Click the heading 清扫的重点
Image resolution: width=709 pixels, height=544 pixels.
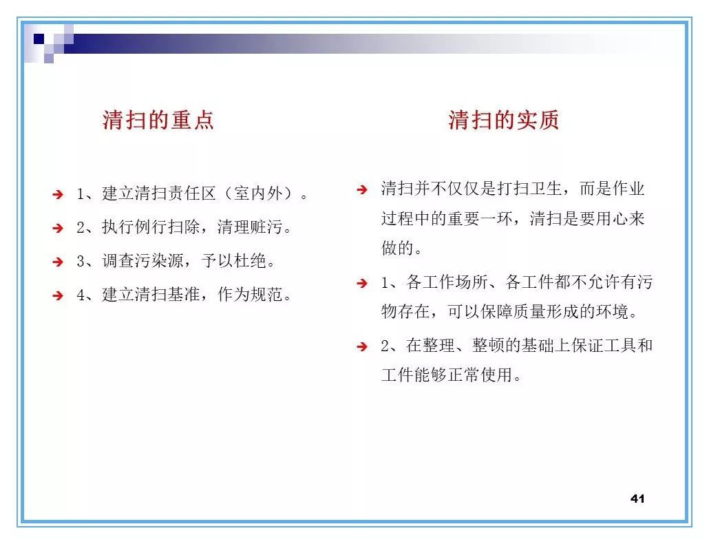click(x=158, y=120)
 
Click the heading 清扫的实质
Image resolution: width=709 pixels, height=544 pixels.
click(x=503, y=120)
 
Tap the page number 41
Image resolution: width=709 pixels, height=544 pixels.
click(x=637, y=499)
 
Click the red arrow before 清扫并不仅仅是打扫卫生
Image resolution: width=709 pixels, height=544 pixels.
click(x=362, y=189)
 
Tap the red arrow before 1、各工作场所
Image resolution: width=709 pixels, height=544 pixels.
click(x=362, y=283)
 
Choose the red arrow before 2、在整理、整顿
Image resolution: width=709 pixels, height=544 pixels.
click(x=362, y=346)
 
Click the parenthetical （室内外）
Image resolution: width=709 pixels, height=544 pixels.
click(x=258, y=194)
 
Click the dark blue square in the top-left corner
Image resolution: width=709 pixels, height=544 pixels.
click(x=39, y=39)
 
